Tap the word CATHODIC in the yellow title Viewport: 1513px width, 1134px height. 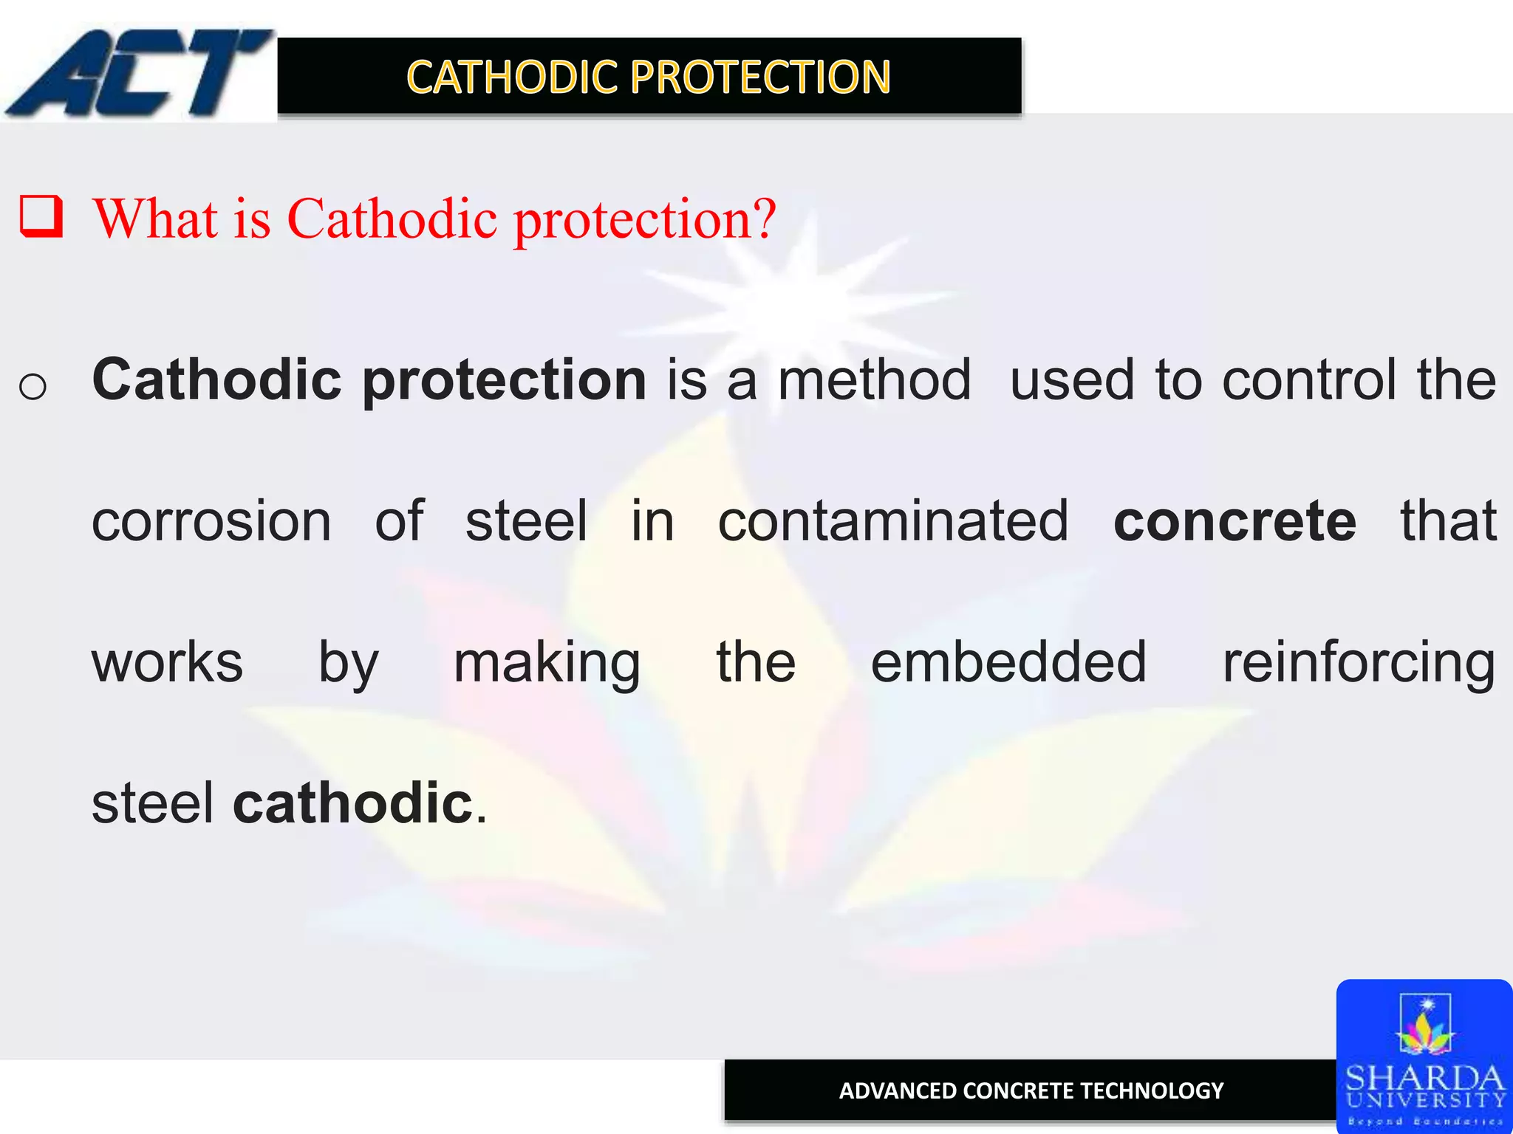click(512, 77)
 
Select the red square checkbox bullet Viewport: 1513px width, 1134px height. click(41, 216)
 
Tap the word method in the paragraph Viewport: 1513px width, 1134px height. click(874, 380)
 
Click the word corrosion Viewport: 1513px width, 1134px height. click(211, 521)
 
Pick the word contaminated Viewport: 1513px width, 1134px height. click(893, 521)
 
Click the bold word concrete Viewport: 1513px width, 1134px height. click(1234, 521)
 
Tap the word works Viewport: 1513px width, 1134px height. click(167, 662)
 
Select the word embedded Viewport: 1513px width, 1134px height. click(1008, 662)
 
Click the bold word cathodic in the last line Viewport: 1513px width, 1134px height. click(353, 803)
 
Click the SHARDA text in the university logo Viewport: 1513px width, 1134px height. click(1424, 1078)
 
